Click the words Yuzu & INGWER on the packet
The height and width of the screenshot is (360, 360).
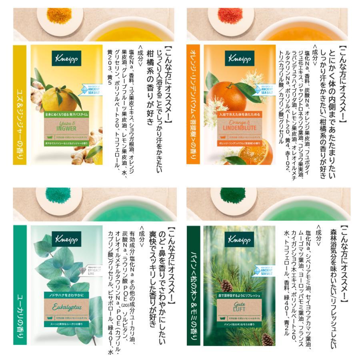67,129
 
